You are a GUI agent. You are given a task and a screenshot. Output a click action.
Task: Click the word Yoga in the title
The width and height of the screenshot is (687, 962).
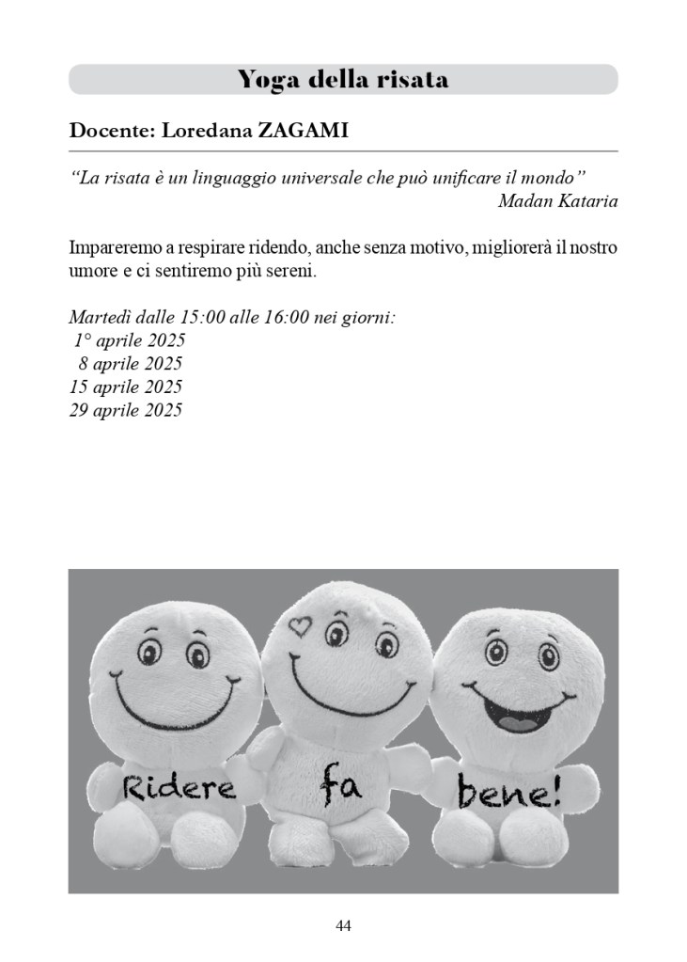coord(266,79)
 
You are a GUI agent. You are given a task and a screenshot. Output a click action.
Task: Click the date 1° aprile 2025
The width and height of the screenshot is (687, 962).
coord(129,341)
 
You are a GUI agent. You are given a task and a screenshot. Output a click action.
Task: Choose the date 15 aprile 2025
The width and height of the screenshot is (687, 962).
coord(125,386)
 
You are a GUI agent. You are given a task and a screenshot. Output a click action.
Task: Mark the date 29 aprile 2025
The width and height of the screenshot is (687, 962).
coord(125,410)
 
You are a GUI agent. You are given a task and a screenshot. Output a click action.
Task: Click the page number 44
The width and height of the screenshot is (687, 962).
coord(343,926)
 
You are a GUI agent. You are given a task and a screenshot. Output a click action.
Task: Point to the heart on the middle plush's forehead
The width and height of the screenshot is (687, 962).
coord(299,624)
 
